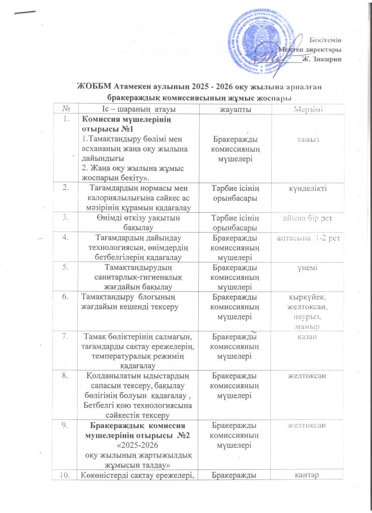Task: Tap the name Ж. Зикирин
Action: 322,59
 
